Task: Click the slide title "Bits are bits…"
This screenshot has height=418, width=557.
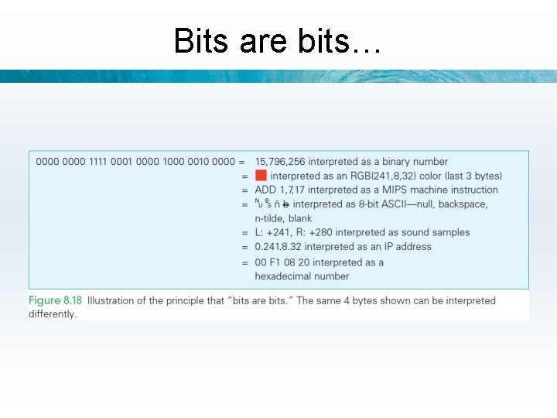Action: point(278,40)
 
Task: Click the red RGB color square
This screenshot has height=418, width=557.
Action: point(261,176)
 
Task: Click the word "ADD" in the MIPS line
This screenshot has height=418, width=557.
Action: point(266,190)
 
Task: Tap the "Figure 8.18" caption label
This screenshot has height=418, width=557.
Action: point(56,300)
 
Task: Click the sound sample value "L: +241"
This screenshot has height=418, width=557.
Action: point(274,232)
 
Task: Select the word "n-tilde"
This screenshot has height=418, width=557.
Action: point(272,218)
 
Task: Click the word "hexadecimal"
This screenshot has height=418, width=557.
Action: point(289,276)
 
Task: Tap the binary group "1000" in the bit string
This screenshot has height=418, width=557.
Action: point(173,162)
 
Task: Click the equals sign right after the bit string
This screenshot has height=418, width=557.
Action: point(242,162)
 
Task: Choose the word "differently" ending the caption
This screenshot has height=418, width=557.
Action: point(52,314)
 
